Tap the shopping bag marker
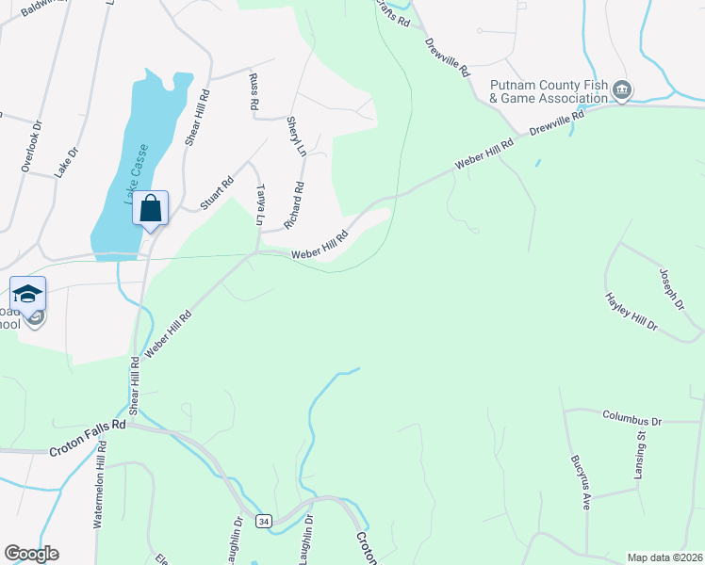tap(151, 208)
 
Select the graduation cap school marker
tap(28, 293)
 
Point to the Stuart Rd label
tap(216, 196)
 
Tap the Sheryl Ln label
tap(296, 137)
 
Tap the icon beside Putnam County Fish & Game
tap(622, 90)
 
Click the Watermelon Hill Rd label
tap(100, 483)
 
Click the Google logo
tap(31, 554)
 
